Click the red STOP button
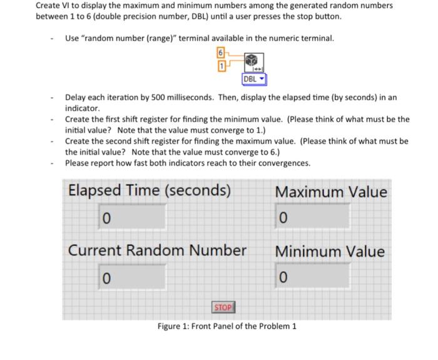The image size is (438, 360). click(x=223, y=307)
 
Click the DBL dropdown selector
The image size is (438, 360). click(x=254, y=80)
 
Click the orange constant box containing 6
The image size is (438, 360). click(x=220, y=53)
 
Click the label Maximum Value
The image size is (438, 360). click(x=331, y=192)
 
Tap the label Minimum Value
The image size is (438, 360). click(x=330, y=252)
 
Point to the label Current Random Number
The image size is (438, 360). click(x=157, y=250)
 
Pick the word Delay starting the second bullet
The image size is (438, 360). click(x=76, y=98)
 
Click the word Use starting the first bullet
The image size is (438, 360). click(x=72, y=38)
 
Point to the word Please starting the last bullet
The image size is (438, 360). click(x=77, y=163)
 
